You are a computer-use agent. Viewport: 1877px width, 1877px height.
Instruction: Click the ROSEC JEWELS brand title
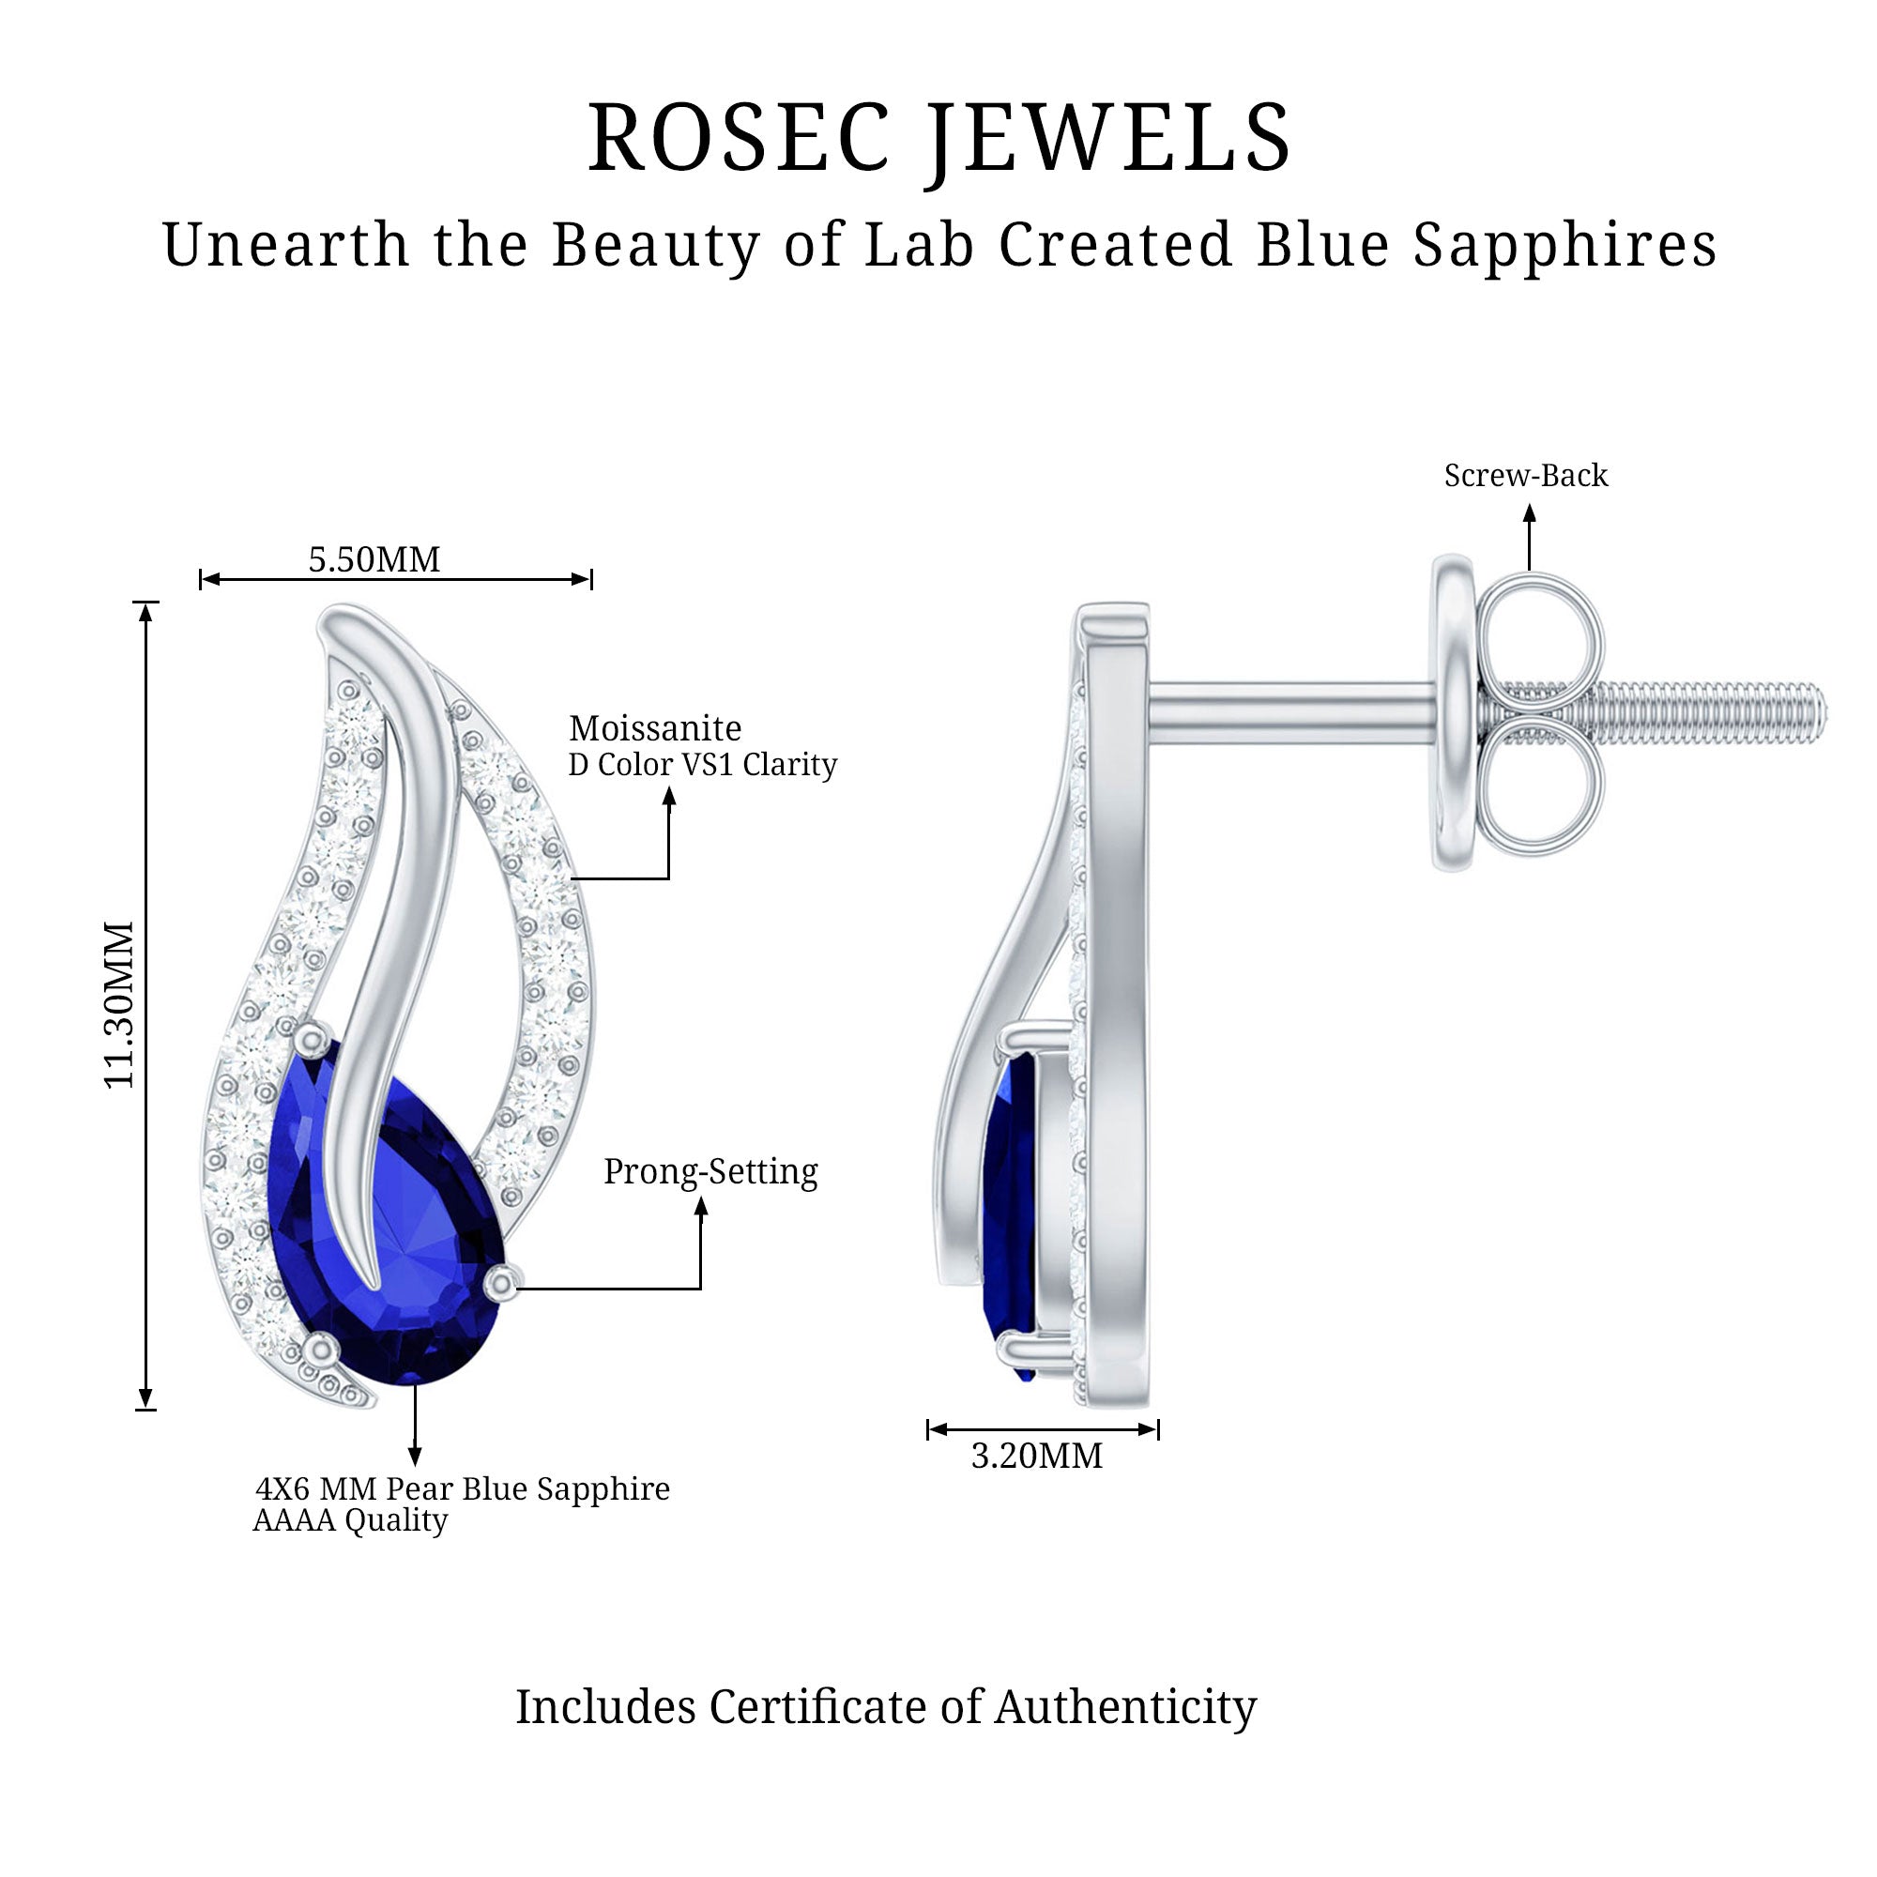click(938, 139)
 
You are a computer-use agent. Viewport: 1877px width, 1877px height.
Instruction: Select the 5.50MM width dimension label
click(374, 559)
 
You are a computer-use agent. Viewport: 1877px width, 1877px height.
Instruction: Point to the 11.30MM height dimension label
click(119, 1004)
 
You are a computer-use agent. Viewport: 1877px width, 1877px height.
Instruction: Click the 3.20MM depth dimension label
click(1037, 1456)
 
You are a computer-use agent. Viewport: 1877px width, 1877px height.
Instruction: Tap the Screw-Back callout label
click(1525, 475)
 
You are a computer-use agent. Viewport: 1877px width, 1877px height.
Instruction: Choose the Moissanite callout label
click(655, 727)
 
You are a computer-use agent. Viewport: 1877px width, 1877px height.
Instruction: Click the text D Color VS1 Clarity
click(702, 765)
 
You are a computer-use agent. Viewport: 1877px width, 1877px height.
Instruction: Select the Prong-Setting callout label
click(710, 1170)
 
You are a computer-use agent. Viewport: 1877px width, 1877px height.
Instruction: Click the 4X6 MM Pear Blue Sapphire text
click(463, 1488)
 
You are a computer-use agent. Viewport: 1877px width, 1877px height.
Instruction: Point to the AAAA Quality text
click(350, 1520)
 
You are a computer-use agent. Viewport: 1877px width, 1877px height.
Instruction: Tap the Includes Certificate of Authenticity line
click(885, 1707)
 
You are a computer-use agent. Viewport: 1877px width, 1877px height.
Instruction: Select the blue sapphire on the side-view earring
click(1011, 1214)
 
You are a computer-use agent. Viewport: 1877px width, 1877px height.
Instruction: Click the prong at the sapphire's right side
click(501, 1282)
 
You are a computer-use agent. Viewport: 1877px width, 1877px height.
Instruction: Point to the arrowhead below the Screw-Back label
click(1529, 515)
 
